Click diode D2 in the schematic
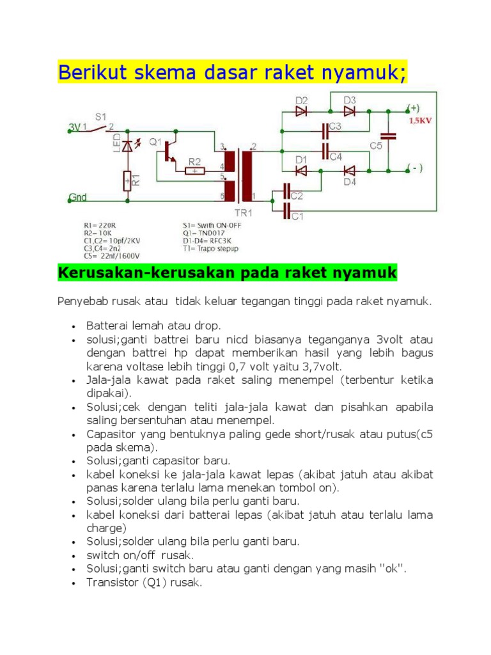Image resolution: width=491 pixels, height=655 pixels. pos(302,110)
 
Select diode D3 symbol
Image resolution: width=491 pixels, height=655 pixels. pos(349,110)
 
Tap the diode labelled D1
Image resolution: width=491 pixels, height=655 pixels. pos(302,170)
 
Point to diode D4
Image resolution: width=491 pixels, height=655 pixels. pos(349,170)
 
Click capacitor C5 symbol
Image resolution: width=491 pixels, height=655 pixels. pos(387,136)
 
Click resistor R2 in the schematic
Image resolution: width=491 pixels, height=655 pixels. pos(194,171)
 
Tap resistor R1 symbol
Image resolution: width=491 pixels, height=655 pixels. pos(128,180)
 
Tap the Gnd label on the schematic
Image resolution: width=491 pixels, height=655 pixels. pos(77,198)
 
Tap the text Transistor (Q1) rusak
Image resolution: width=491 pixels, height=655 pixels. pos(144,583)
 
